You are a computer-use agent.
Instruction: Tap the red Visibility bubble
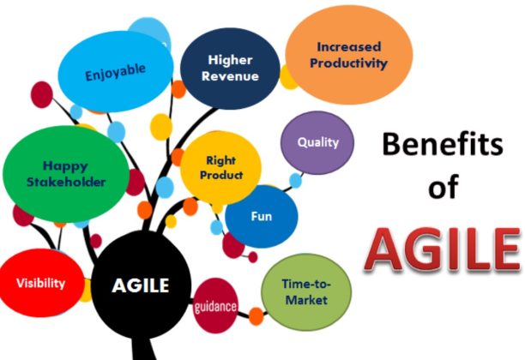[40, 283]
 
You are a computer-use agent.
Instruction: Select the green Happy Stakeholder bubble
[65, 171]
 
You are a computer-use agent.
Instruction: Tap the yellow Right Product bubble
[220, 167]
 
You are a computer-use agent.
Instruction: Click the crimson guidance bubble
[215, 306]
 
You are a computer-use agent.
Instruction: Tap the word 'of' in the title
[444, 188]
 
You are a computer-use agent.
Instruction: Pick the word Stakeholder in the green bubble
[65, 182]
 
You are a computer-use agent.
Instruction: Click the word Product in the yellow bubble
[220, 175]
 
